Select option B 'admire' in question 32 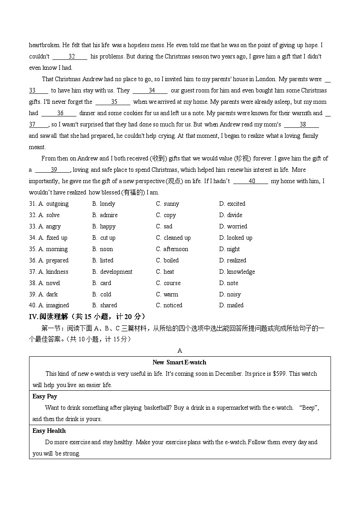108,215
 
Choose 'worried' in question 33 237,227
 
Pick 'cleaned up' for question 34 177,238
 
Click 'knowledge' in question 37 241,272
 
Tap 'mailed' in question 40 235,305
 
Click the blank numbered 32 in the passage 70,57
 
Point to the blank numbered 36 59,113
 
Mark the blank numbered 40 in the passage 251,181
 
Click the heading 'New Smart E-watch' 179,362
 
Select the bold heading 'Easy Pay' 45,397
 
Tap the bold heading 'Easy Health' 49,431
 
